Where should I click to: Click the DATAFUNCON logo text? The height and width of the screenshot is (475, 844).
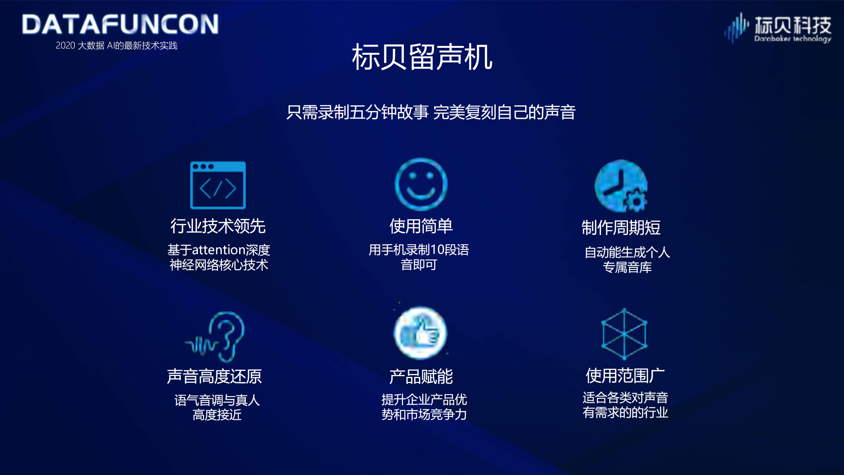[120, 24]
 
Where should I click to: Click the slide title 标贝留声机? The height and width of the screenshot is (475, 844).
[422, 57]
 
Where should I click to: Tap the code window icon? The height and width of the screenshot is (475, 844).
[218, 185]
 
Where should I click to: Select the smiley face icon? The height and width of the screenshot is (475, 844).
[421, 184]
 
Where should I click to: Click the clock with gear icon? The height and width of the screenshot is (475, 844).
[621, 186]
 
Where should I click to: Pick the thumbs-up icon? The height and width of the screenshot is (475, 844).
[420, 333]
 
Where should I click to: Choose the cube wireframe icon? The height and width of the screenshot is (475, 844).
[624, 334]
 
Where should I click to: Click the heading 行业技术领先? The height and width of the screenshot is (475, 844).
[218, 226]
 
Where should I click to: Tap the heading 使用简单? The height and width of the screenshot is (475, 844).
[421, 226]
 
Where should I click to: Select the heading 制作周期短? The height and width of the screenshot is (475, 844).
[621, 228]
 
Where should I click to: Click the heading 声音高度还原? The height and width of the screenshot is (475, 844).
[214, 376]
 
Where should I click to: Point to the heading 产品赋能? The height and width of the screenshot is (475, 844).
[421, 376]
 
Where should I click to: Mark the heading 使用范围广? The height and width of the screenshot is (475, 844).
[625, 376]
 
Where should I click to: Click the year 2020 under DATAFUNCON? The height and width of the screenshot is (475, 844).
[65, 46]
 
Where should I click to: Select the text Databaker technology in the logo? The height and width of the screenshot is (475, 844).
[792, 39]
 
